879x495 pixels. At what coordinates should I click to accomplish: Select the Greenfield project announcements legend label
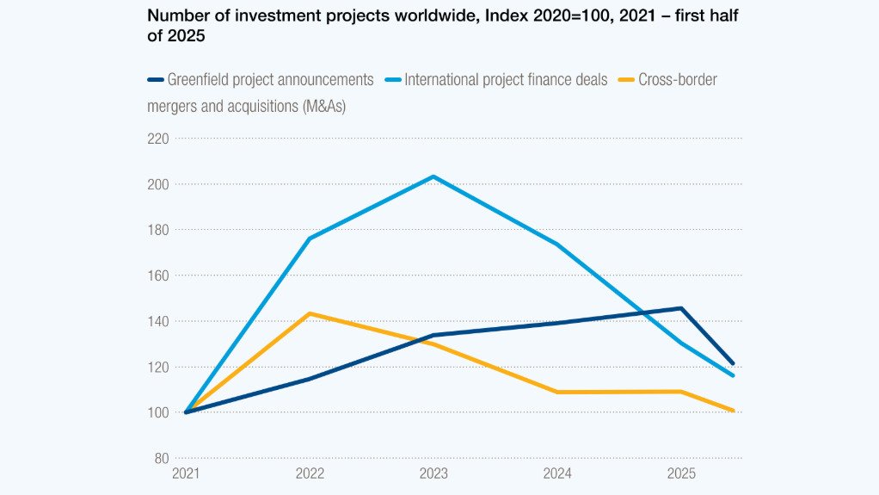click(270, 80)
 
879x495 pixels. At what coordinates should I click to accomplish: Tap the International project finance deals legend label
click(506, 80)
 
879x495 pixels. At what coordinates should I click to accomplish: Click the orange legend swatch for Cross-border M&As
click(624, 80)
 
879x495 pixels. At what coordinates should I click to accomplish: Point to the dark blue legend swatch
click(156, 80)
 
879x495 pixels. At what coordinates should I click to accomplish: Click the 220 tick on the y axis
click(158, 139)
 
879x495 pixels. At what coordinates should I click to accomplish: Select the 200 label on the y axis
click(158, 184)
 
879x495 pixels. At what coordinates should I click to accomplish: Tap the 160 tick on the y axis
click(158, 275)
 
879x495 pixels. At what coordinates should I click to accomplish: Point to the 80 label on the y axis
click(161, 458)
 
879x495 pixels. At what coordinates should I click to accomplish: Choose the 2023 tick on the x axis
click(433, 473)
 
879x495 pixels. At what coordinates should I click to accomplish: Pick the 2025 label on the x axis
click(682, 473)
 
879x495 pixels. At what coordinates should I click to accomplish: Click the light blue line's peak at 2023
click(433, 176)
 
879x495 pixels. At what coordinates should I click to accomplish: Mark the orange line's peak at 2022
click(309, 313)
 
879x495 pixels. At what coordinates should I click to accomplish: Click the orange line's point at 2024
click(557, 392)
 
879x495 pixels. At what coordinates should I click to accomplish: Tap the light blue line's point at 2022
click(309, 238)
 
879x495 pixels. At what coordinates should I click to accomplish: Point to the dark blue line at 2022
click(309, 379)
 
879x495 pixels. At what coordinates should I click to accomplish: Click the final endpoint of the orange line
click(734, 411)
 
